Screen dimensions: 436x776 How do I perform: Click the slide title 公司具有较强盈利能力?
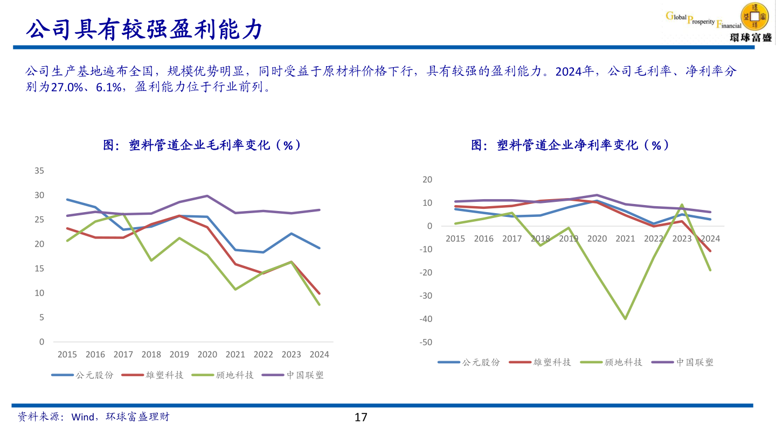[144, 30]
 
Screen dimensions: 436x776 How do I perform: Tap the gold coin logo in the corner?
[755, 17]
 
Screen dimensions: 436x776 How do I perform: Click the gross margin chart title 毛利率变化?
[202, 145]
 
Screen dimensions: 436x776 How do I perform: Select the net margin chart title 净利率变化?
[570, 145]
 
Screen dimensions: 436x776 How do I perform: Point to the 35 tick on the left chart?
[39, 171]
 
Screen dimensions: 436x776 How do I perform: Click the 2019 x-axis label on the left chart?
[179, 355]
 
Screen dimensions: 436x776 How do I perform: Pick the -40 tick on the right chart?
[426, 319]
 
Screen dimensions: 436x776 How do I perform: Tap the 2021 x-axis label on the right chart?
[625, 238]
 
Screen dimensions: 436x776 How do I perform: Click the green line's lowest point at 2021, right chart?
[625, 319]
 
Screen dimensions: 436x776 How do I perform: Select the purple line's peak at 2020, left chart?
[207, 196]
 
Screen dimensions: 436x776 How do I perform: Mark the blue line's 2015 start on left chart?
[67, 199]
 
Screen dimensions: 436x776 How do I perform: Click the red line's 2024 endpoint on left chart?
[320, 293]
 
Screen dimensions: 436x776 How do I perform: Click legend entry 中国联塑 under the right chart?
[695, 362]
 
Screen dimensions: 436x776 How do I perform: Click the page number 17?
[361, 417]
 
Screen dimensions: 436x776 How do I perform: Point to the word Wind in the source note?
[83, 417]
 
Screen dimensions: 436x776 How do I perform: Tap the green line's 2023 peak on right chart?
[682, 205]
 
